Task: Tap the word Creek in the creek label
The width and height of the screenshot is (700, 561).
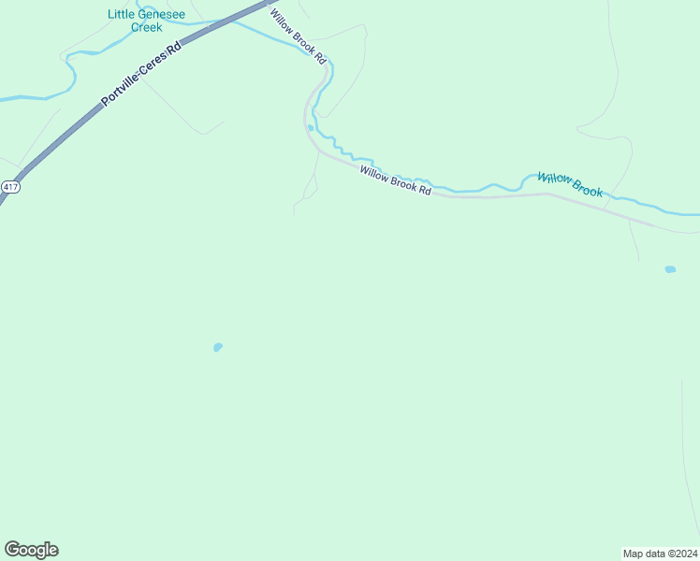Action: [147, 28]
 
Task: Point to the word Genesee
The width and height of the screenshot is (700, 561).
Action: [161, 14]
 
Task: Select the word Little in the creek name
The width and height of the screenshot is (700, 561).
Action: [121, 14]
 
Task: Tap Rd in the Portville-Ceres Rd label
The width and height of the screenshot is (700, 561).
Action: [173, 49]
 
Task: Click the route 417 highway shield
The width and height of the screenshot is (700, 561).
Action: [10, 187]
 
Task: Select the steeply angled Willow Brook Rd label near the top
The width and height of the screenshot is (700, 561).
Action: [299, 36]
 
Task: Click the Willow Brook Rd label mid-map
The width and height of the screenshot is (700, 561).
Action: [396, 180]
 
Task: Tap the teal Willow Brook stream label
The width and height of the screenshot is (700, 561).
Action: [570, 184]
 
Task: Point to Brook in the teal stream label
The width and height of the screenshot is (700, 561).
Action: [586, 189]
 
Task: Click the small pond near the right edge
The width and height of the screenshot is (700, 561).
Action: [670, 269]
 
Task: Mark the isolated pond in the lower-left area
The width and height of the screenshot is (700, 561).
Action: [218, 347]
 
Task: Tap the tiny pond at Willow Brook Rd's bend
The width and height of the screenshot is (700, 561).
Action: [310, 128]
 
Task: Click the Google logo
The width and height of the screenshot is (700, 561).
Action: [31, 550]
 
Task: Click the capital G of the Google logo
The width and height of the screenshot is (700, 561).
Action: [11, 550]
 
